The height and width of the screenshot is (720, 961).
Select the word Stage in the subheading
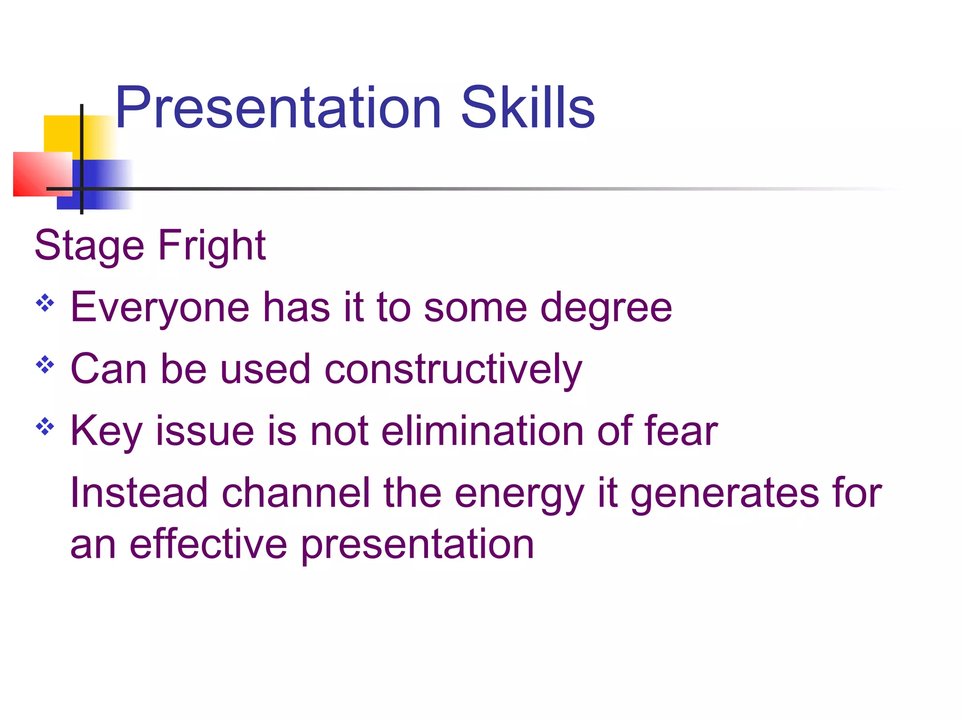point(89,247)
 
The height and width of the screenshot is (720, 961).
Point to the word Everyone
point(160,308)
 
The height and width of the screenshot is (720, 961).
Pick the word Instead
point(139,493)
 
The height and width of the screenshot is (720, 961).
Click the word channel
point(296,493)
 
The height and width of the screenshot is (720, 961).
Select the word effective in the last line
point(208,545)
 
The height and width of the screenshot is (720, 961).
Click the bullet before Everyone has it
point(45,303)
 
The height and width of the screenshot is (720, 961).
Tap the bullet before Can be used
point(45,365)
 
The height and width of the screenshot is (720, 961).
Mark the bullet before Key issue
point(45,427)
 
